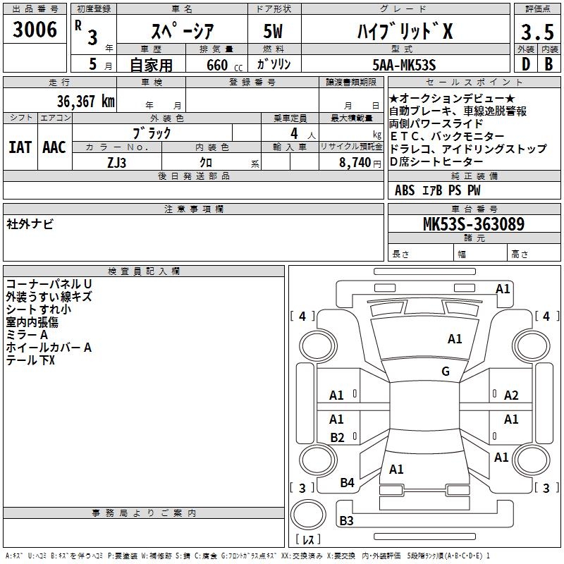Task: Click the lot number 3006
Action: tap(35, 30)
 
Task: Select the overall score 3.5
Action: tap(537, 32)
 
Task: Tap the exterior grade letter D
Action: tap(526, 64)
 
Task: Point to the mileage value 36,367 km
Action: tap(85, 102)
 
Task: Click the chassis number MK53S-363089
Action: tap(474, 223)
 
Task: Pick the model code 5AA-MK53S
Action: tap(404, 65)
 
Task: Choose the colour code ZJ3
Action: tap(116, 163)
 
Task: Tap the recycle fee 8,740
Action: tap(355, 163)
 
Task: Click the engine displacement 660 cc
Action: tap(224, 65)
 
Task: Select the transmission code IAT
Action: tap(20, 147)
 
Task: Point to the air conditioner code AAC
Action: tap(54, 147)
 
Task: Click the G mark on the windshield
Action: tap(446, 371)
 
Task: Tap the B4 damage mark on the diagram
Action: tap(347, 482)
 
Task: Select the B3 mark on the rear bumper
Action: tap(346, 520)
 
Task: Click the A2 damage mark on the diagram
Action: tap(511, 396)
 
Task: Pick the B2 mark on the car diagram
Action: tap(337, 437)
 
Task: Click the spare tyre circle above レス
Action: tap(308, 515)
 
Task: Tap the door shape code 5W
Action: tap(273, 31)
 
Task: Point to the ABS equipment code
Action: tap(405, 190)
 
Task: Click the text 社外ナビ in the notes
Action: tap(30, 224)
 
